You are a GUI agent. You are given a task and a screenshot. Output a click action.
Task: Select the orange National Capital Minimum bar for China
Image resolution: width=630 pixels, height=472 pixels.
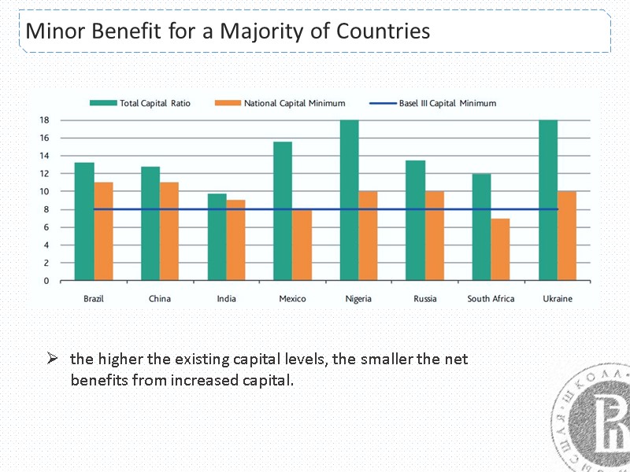[169, 231]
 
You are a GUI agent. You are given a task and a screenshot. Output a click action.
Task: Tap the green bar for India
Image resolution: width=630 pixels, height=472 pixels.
[217, 237]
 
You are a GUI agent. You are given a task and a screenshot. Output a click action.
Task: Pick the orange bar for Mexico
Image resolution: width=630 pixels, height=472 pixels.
[302, 245]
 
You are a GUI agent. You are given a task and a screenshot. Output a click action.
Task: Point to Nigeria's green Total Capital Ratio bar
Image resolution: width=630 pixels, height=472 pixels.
[349, 200]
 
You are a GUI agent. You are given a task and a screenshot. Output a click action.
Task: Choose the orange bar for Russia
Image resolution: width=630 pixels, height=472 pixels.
[434, 235]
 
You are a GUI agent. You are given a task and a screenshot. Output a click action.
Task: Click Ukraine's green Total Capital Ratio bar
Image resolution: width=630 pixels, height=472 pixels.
[548, 200]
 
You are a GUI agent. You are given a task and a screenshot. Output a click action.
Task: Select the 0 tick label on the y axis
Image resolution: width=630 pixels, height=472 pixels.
[46, 280]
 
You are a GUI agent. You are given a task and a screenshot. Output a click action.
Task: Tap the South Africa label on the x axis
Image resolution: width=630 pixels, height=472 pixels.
[491, 299]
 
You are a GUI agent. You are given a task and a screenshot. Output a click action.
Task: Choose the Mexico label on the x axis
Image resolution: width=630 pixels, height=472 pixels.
[292, 299]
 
